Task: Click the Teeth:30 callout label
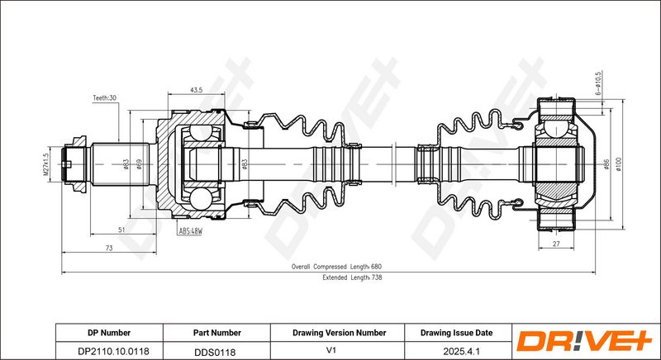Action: pyautogui.click(x=105, y=97)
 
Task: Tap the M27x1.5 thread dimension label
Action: pyautogui.click(x=47, y=164)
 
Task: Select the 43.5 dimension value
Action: pyautogui.click(x=196, y=90)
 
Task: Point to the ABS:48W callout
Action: pyautogui.click(x=191, y=231)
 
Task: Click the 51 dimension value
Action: pyautogui.click(x=121, y=230)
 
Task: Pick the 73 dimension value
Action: pyautogui.click(x=109, y=249)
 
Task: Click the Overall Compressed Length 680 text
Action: pyautogui.click(x=336, y=267)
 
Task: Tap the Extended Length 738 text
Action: pyautogui.click(x=353, y=277)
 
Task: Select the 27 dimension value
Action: pyautogui.click(x=556, y=244)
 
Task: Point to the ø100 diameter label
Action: pyautogui.click(x=619, y=164)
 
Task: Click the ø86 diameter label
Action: pyautogui.click(x=606, y=164)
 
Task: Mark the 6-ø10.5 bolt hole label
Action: pyautogui.click(x=598, y=83)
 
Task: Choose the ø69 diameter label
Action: pyautogui.click(x=140, y=164)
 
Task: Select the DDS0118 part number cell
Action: pyautogui.click(x=215, y=352)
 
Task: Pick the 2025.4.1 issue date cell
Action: pyautogui.click(x=459, y=351)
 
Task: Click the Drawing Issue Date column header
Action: pyautogui.click(x=457, y=333)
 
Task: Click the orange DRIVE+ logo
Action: pyautogui.click(x=585, y=342)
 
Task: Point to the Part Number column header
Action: pyautogui.click(x=217, y=333)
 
